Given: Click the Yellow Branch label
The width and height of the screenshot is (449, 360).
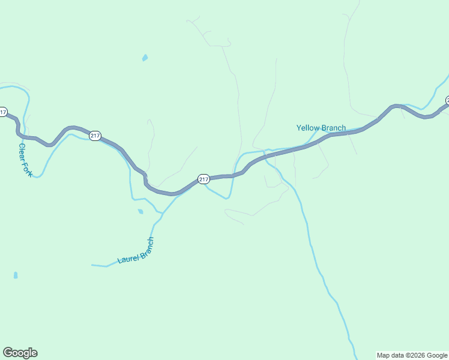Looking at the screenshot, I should (321, 128).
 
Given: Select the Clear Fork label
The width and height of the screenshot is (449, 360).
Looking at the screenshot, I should (25, 160).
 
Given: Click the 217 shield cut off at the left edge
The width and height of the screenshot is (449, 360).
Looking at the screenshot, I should (3, 112).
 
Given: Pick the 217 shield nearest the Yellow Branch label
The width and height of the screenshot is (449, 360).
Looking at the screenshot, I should (203, 179).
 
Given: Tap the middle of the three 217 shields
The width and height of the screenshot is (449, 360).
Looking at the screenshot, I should (95, 136).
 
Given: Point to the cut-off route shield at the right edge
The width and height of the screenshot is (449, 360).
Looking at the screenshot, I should (447, 100).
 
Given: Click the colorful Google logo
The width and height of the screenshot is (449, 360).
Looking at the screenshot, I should (20, 353).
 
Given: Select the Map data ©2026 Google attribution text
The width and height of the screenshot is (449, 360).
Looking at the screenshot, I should (412, 355).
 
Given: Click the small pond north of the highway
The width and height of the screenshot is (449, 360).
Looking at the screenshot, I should (145, 58).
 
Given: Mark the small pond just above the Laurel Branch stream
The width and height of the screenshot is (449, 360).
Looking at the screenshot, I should (140, 211).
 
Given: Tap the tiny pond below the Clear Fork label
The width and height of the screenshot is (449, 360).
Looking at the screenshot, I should (16, 275).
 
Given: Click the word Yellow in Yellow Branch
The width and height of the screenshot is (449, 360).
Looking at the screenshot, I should (308, 128).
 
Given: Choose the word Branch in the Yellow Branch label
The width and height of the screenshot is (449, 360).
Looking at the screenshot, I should (334, 128).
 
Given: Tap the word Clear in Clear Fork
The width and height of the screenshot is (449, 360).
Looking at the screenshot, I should (22, 152).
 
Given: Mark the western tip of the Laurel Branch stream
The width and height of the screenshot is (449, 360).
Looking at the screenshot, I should (92, 265).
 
